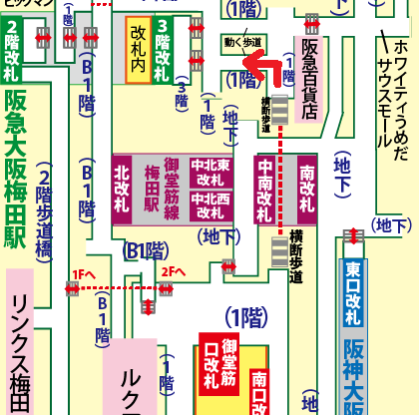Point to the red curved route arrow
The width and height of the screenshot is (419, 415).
(262, 72)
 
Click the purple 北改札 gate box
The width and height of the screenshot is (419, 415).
(123, 188)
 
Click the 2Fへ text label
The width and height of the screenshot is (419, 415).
(174, 271)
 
